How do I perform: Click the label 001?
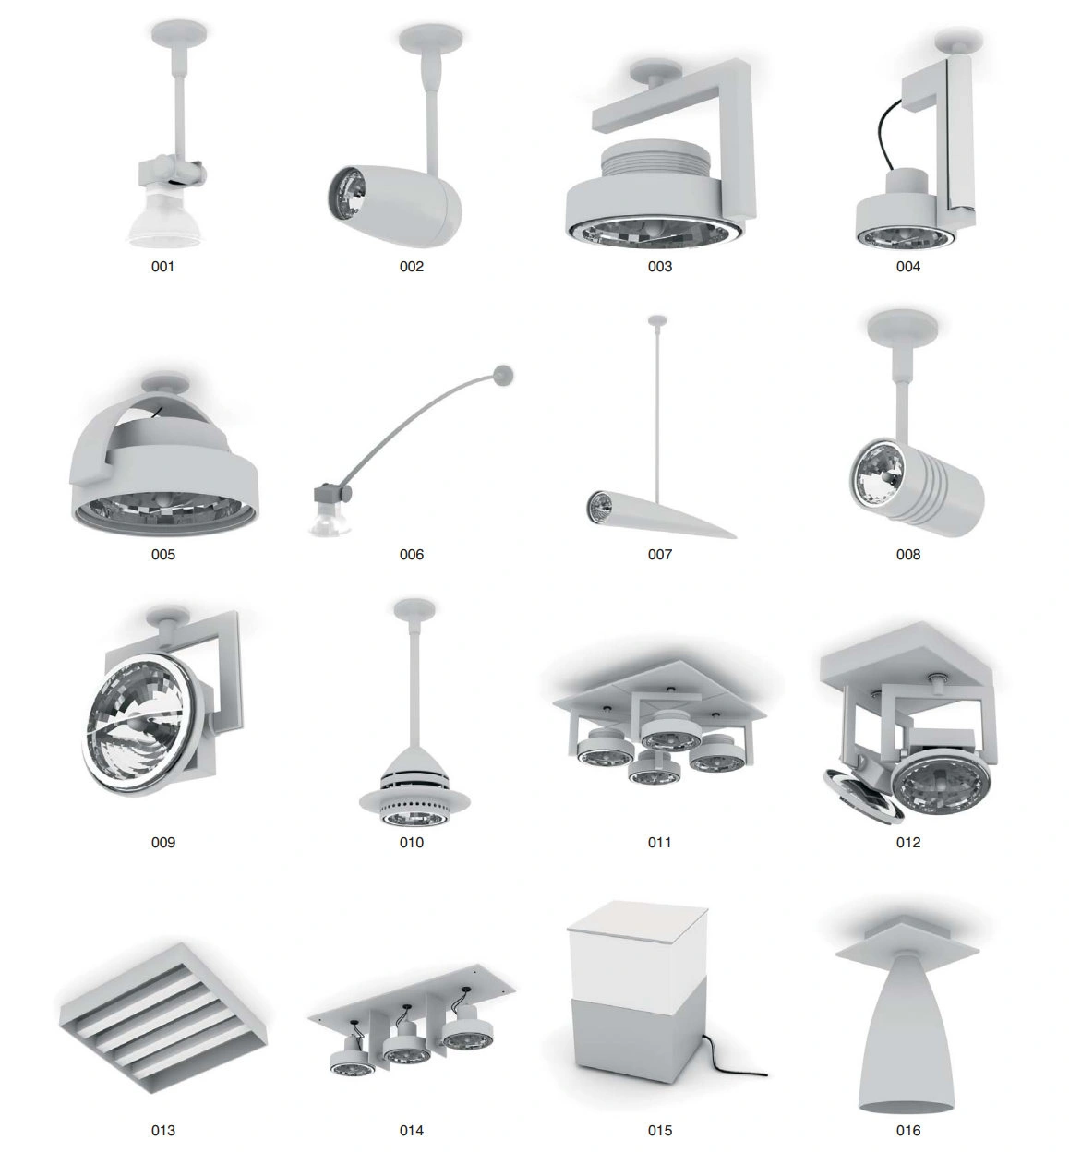pos(162,266)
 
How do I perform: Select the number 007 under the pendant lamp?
pos(660,555)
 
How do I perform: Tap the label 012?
pos(908,842)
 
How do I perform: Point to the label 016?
pos(908,1130)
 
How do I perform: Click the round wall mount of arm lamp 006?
pos(502,374)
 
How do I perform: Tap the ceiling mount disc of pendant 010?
pos(414,609)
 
